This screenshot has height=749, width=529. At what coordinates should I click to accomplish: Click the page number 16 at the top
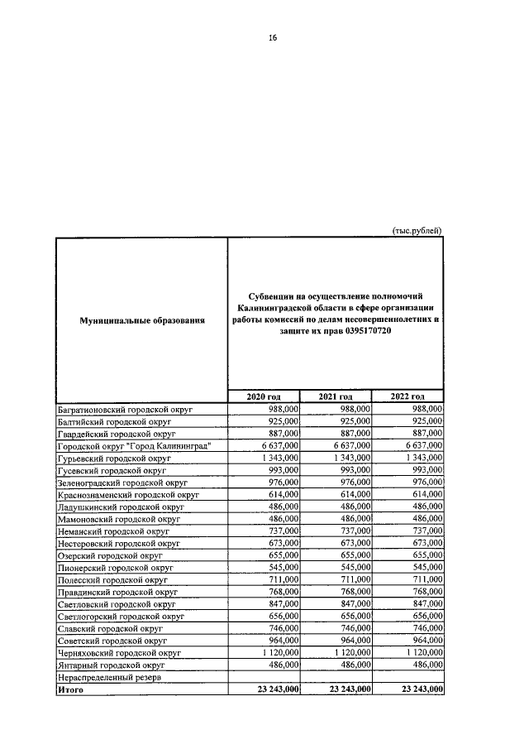click(272, 36)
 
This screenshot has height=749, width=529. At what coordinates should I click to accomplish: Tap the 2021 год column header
click(336, 397)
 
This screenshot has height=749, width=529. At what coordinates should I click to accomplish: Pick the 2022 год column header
click(407, 397)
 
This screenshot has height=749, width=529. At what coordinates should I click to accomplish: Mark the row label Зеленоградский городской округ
click(122, 482)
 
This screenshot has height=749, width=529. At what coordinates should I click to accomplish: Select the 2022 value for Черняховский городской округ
click(422, 652)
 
